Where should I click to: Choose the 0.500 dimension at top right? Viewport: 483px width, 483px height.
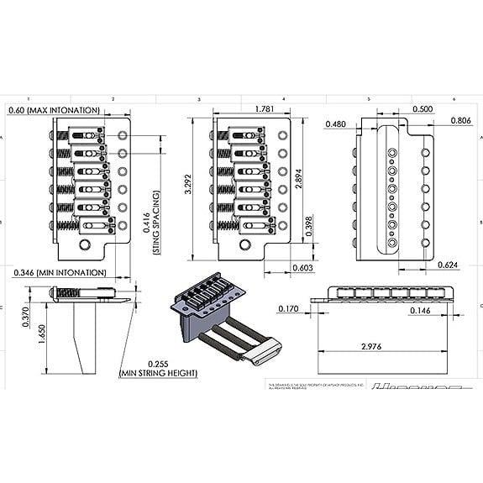423,109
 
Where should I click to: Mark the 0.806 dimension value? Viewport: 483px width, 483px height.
461,120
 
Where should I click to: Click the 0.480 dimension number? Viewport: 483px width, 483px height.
336,123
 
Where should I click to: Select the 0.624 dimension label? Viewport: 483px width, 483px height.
449,265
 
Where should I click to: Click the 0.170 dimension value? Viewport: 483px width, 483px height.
288,309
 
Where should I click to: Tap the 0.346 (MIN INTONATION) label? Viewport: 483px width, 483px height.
60,273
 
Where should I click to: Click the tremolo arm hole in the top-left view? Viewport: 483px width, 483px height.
85,244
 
